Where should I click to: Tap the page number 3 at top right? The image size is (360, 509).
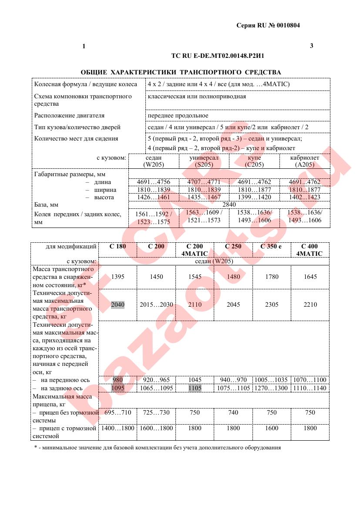[x=311, y=46]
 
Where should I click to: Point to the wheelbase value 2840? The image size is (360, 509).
[x=229, y=204]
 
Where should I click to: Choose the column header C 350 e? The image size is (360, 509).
[x=271, y=247]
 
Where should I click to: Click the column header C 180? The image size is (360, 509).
[x=118, y=247]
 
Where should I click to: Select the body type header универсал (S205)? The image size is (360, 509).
[x=204, y=161]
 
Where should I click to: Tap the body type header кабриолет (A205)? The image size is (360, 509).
[x=305, y=161]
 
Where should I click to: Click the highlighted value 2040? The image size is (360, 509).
[x=118, y=305]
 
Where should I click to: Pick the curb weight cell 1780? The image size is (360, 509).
[x=271, y=277]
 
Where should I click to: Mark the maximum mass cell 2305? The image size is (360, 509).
[x=271, y=305]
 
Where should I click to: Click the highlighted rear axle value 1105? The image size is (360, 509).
[x=195, y=388]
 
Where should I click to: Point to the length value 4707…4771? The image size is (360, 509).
[x=204, y=182]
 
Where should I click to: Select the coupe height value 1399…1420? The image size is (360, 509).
[x=254, y=197]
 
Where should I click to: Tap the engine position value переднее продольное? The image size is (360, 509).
[x=178, y=116]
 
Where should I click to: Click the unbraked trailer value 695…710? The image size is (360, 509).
[x=118, y=412]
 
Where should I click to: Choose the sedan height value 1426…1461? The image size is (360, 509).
[x=153, y=197]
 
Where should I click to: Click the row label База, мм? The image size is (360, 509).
[x=46, y=204]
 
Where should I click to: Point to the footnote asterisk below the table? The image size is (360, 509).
[x=36, y=448]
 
